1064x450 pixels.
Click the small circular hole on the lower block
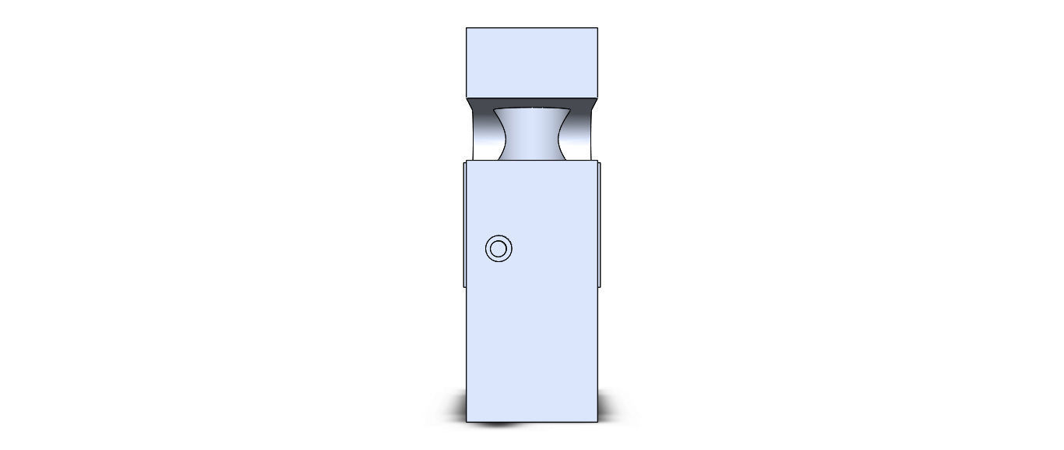[499, 249]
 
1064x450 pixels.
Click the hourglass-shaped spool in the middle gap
[533, 134]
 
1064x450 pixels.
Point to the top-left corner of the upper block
[467, 28]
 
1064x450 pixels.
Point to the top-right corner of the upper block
[597, 28]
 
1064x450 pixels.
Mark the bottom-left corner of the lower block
[467, 422]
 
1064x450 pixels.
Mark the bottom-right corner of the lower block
[597, 422]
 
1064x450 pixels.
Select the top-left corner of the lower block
[467, 162]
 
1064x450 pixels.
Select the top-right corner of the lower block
[597, 162]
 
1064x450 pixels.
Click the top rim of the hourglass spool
[533, 108]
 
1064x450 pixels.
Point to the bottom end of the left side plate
[464, 286]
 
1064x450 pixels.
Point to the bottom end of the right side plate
[599, 286]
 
